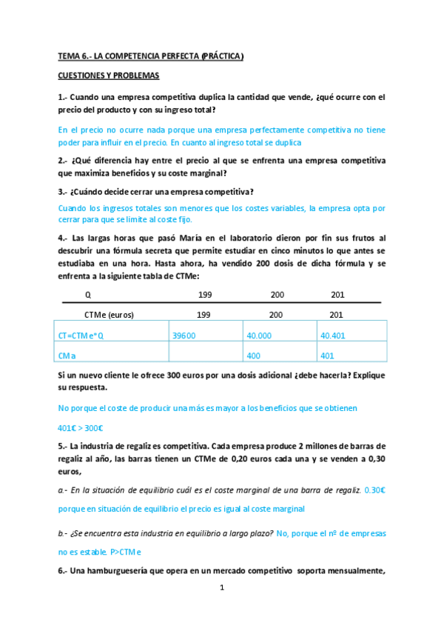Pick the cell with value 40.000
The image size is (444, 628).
[x=258, y=335]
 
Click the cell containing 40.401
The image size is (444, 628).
[x=333, y=335]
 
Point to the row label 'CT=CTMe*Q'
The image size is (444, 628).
[x=83, y=335]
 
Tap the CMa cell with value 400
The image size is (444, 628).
[x=254, y=355]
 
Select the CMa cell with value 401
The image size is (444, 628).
[x=328, y=355]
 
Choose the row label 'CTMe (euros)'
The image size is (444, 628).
[x=109, y=314]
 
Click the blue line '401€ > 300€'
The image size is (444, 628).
[x=80, y=427]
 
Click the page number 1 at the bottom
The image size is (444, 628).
[x=222, y=589]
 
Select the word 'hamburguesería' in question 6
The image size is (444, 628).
[x=121, y=572]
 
